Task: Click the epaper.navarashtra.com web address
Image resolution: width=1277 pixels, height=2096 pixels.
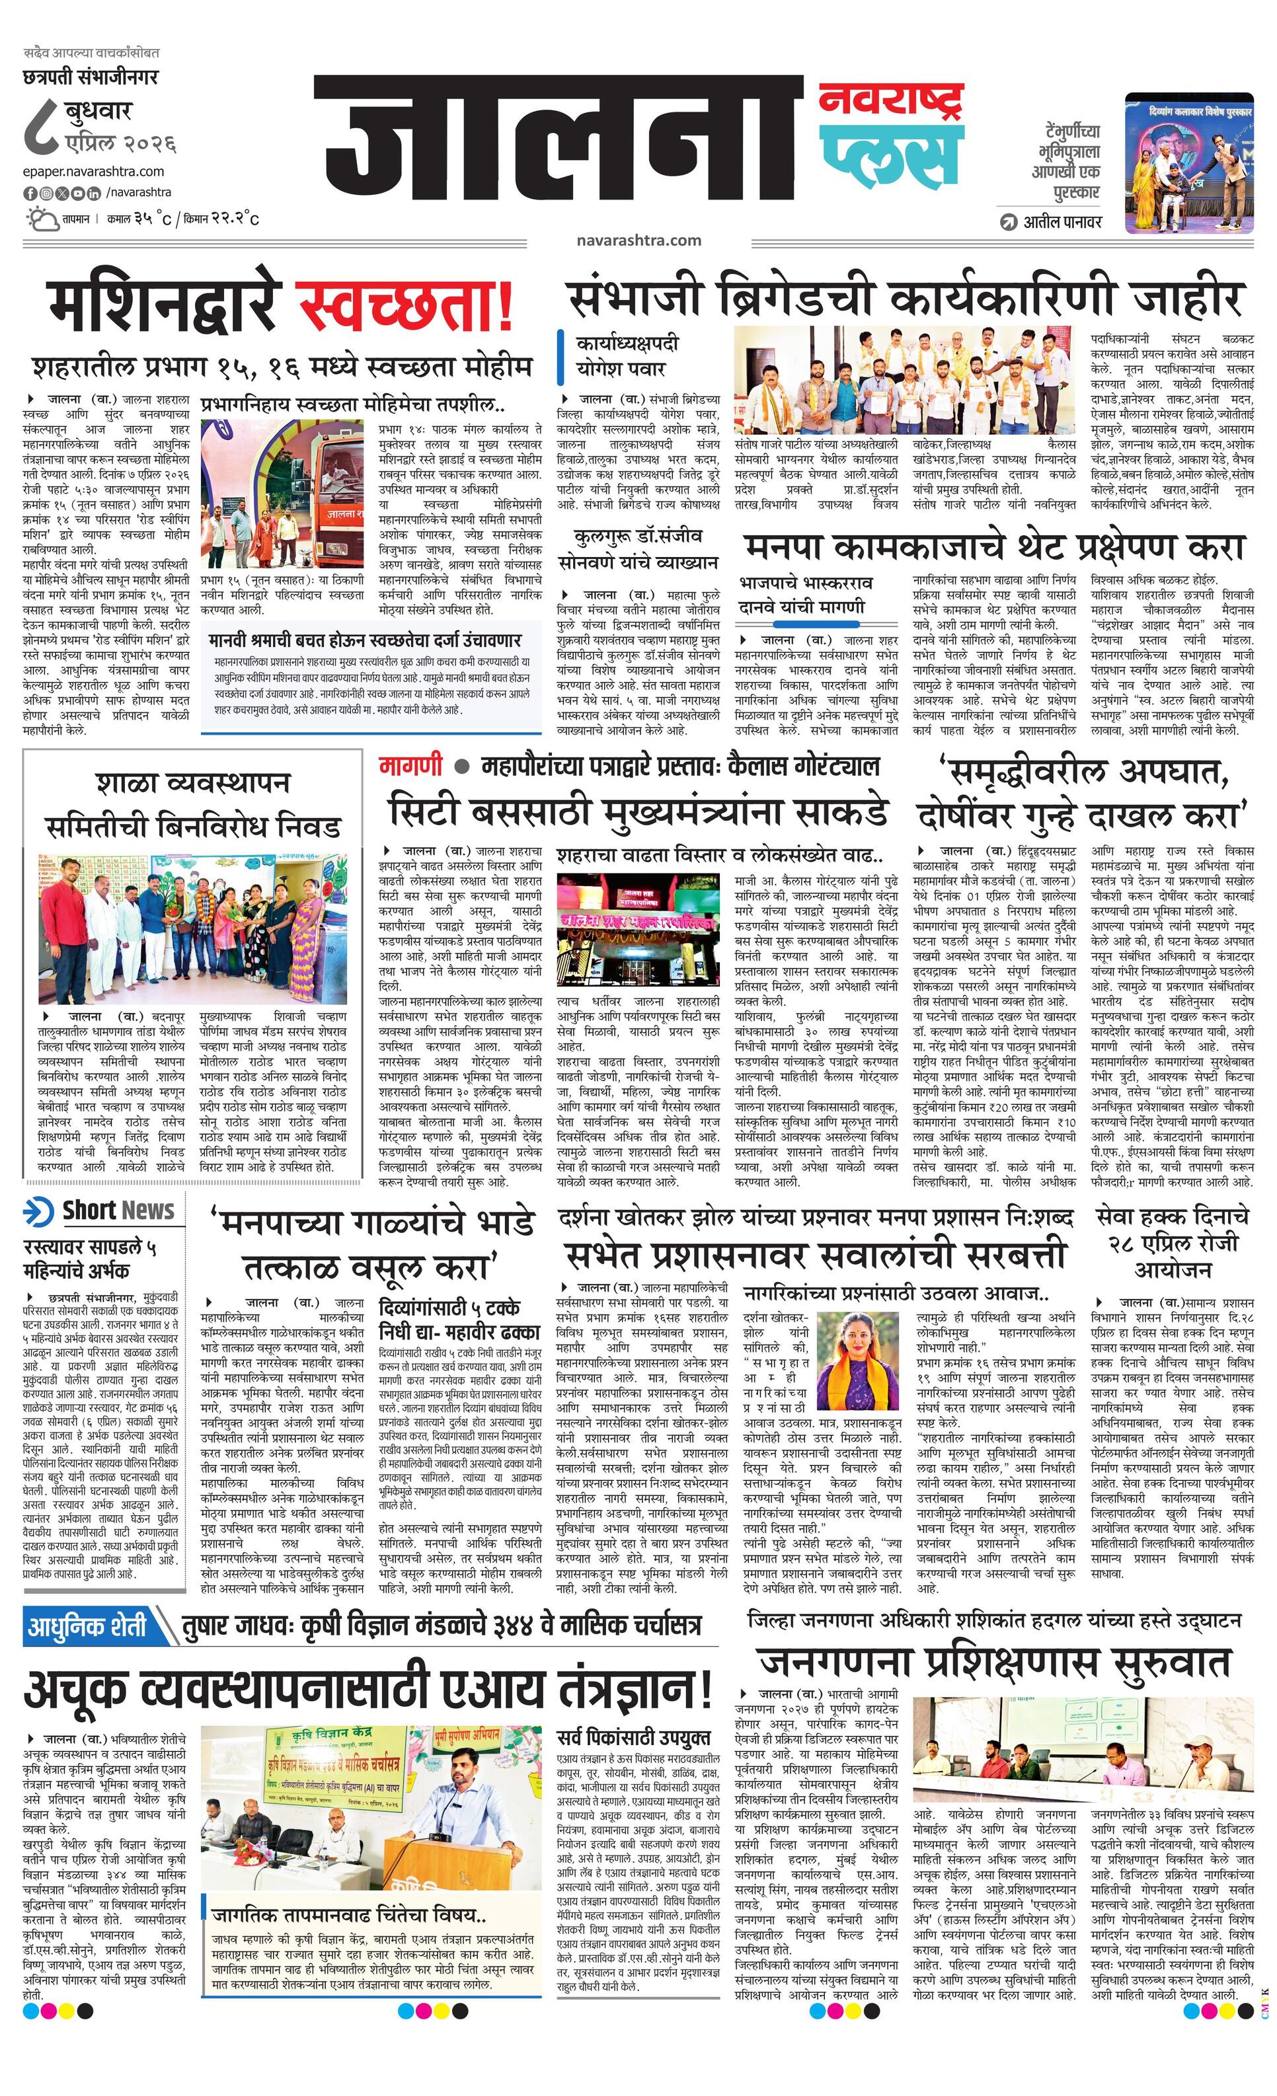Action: tap(94, 171)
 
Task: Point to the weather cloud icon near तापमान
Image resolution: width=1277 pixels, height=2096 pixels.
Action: tap(40, 219)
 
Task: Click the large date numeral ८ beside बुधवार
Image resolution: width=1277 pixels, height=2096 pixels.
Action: tap(42, 126)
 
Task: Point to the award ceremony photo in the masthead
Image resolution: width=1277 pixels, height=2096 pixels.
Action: tap(1188, 163)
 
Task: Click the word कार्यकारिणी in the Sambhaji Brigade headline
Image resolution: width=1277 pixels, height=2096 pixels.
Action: tap(1001, 298)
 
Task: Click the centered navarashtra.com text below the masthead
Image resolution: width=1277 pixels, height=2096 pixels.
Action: tap(638, 241)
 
